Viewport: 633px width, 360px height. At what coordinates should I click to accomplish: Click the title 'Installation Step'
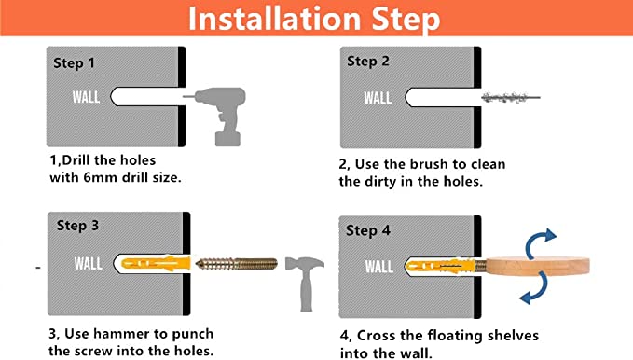[x=314, y=19]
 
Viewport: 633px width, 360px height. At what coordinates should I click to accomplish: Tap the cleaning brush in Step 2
[x=511, y=97]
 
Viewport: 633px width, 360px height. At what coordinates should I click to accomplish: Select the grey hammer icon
[x=305, y=284]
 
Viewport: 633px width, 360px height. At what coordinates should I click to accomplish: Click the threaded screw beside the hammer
[x=237, y=264]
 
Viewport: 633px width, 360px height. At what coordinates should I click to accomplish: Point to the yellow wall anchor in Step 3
[x=156, y=263]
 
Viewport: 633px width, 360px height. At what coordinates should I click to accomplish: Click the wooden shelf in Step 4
[x=538, y=266]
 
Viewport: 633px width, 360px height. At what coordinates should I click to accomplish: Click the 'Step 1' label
[x=74, y=63]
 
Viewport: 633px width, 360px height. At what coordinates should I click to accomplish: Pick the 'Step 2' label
[x=367, y=62]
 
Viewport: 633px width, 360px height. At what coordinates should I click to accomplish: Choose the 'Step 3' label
[x=77, y=226]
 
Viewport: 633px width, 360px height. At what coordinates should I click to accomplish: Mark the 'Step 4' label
[x=367, y=230]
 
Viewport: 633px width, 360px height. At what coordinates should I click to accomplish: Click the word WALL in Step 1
[x=86, y=97]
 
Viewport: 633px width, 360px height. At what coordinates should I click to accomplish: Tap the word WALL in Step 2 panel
[x=378, y=98]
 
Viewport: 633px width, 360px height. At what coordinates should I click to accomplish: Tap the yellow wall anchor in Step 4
[x=441, y=266]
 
